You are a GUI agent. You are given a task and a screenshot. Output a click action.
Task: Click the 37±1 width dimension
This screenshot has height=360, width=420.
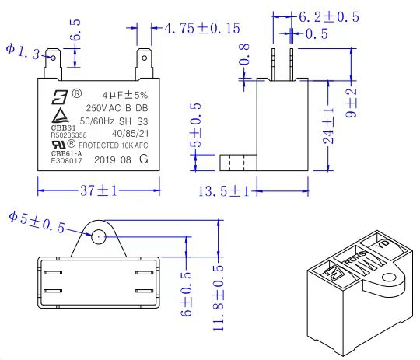click(98, 190)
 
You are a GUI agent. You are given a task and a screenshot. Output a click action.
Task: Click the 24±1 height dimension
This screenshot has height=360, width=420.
click(329, 126)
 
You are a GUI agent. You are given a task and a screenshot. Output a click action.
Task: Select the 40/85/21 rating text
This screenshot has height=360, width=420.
click(132, 132)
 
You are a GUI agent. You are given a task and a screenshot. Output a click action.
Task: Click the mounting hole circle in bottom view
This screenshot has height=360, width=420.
click(98, 236)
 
